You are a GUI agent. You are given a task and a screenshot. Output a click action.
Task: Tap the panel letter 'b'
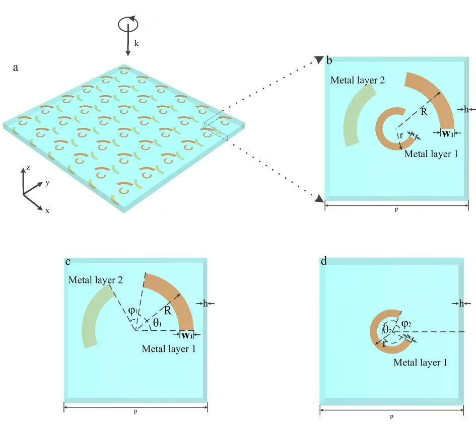pos(329,61)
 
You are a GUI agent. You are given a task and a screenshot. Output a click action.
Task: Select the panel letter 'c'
pos(68,262)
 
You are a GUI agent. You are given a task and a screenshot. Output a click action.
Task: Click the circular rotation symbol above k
pos(127,24)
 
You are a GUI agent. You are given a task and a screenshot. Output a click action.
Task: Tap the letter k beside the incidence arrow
pos(136,44)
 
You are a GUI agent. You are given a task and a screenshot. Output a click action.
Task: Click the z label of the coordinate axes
pos(28,168)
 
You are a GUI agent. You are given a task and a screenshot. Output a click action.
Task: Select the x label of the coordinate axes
pos(47,210)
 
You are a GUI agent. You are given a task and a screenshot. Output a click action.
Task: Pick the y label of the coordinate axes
pos(47,183)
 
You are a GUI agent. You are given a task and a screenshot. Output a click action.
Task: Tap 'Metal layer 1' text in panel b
pos(431,154)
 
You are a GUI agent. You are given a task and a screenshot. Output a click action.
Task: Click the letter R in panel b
pos(424,112)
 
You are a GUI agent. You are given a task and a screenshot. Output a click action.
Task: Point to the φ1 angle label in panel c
pos(132,311)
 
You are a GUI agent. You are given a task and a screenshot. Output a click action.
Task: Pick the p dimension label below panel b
pos(396,210)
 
